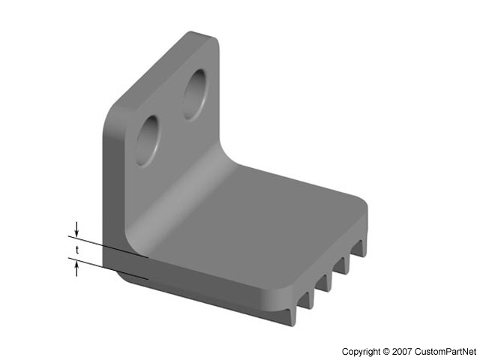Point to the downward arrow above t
pos(76,229)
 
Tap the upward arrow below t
pos(76,267)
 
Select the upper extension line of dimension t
pos(112,248)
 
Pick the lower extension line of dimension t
pos(112,269)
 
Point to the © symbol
pos(387,351)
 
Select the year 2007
pos(403,351)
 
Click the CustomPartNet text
pos(446,351)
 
